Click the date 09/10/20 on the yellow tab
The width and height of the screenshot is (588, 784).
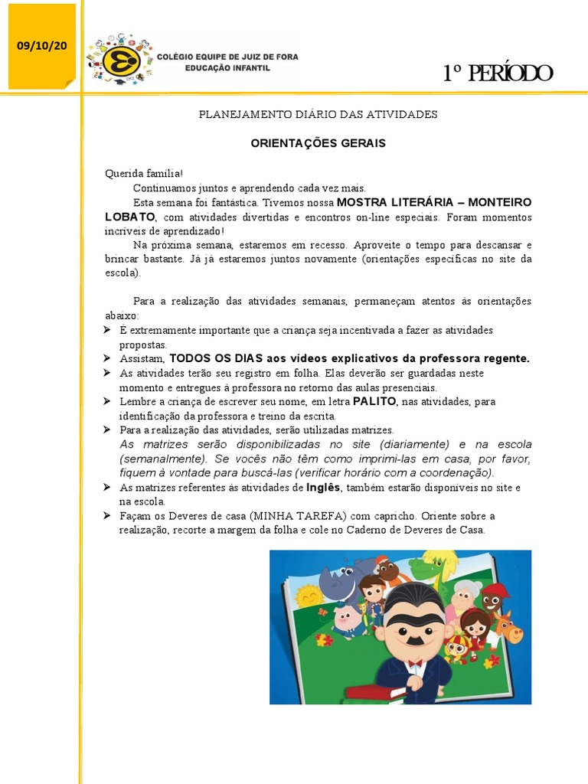[42, 46]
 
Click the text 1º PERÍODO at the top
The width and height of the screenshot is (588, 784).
[498, 73]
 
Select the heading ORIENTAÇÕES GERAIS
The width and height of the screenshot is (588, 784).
[318, 143]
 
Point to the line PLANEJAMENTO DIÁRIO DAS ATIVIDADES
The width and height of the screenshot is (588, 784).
[318, 114]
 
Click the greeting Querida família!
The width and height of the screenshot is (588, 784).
[144, 174]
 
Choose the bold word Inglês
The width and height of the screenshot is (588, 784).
[322, 487]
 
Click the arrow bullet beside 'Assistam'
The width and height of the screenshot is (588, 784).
[109, 358]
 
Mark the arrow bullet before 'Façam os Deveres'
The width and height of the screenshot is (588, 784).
[109, 515]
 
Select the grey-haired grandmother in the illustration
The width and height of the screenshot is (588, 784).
[465, 594]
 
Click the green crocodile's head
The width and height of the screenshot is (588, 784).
[429, 567]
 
